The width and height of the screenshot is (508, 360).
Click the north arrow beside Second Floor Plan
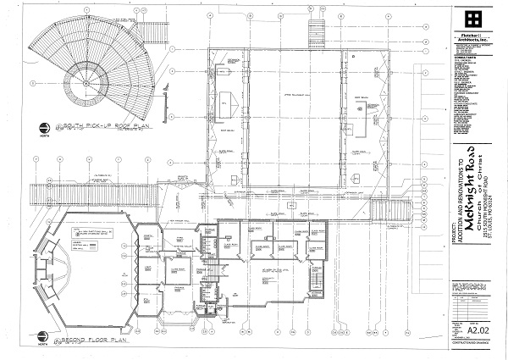pos(42,342)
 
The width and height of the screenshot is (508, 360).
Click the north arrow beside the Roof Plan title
pos(42,130)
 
